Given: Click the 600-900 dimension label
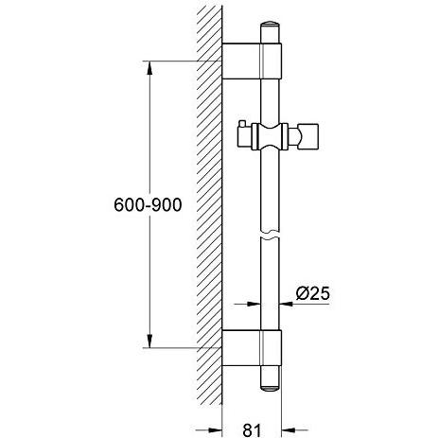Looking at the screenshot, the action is (x=148, y=205).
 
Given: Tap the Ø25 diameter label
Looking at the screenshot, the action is (x=312, y=293).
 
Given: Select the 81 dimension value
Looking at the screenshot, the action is (x=252, y=429).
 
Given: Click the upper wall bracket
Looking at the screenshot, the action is (x=252, y=61).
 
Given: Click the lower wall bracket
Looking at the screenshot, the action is (x=252, y=348).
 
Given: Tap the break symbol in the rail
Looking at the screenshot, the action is (x=271, y=235).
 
